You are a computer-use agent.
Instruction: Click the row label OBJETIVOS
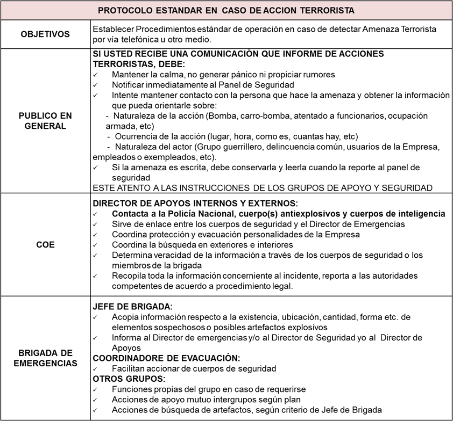(x=45, y=34)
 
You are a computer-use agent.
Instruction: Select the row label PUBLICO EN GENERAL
(x=45, y=121)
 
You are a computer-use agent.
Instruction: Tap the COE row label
(x=45, y=244)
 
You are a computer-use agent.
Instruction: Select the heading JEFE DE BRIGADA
(x=132, y=307)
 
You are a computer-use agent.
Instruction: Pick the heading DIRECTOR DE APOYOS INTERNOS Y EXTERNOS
(x=195, y=204)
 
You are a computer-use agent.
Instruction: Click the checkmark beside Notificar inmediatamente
(x=96, y=85)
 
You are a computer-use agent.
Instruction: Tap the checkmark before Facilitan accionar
(x=96, y=368)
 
